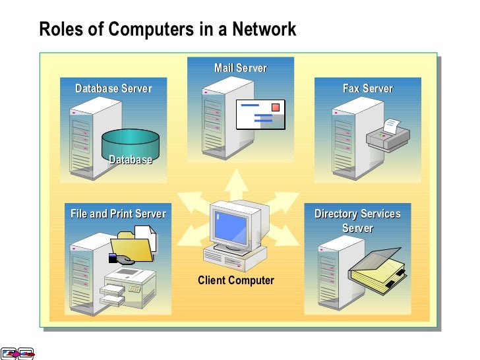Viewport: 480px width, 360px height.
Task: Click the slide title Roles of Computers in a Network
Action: click(167, 30)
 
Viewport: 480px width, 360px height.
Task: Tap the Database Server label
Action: click(113, 88)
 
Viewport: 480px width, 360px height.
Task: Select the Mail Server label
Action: click(241, 68)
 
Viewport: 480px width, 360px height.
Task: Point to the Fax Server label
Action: click(367, 88)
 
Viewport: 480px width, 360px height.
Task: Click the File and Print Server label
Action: click(118, 214)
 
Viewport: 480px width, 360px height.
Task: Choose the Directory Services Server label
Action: click(357, 221)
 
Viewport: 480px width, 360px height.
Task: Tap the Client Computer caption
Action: click(235, 280)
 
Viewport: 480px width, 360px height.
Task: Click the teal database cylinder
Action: click(131, 146)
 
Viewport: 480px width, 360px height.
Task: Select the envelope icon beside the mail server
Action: click(261, 115)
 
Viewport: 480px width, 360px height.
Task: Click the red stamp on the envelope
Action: click(276, 107)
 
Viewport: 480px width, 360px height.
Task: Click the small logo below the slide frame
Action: click(17, 354)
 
